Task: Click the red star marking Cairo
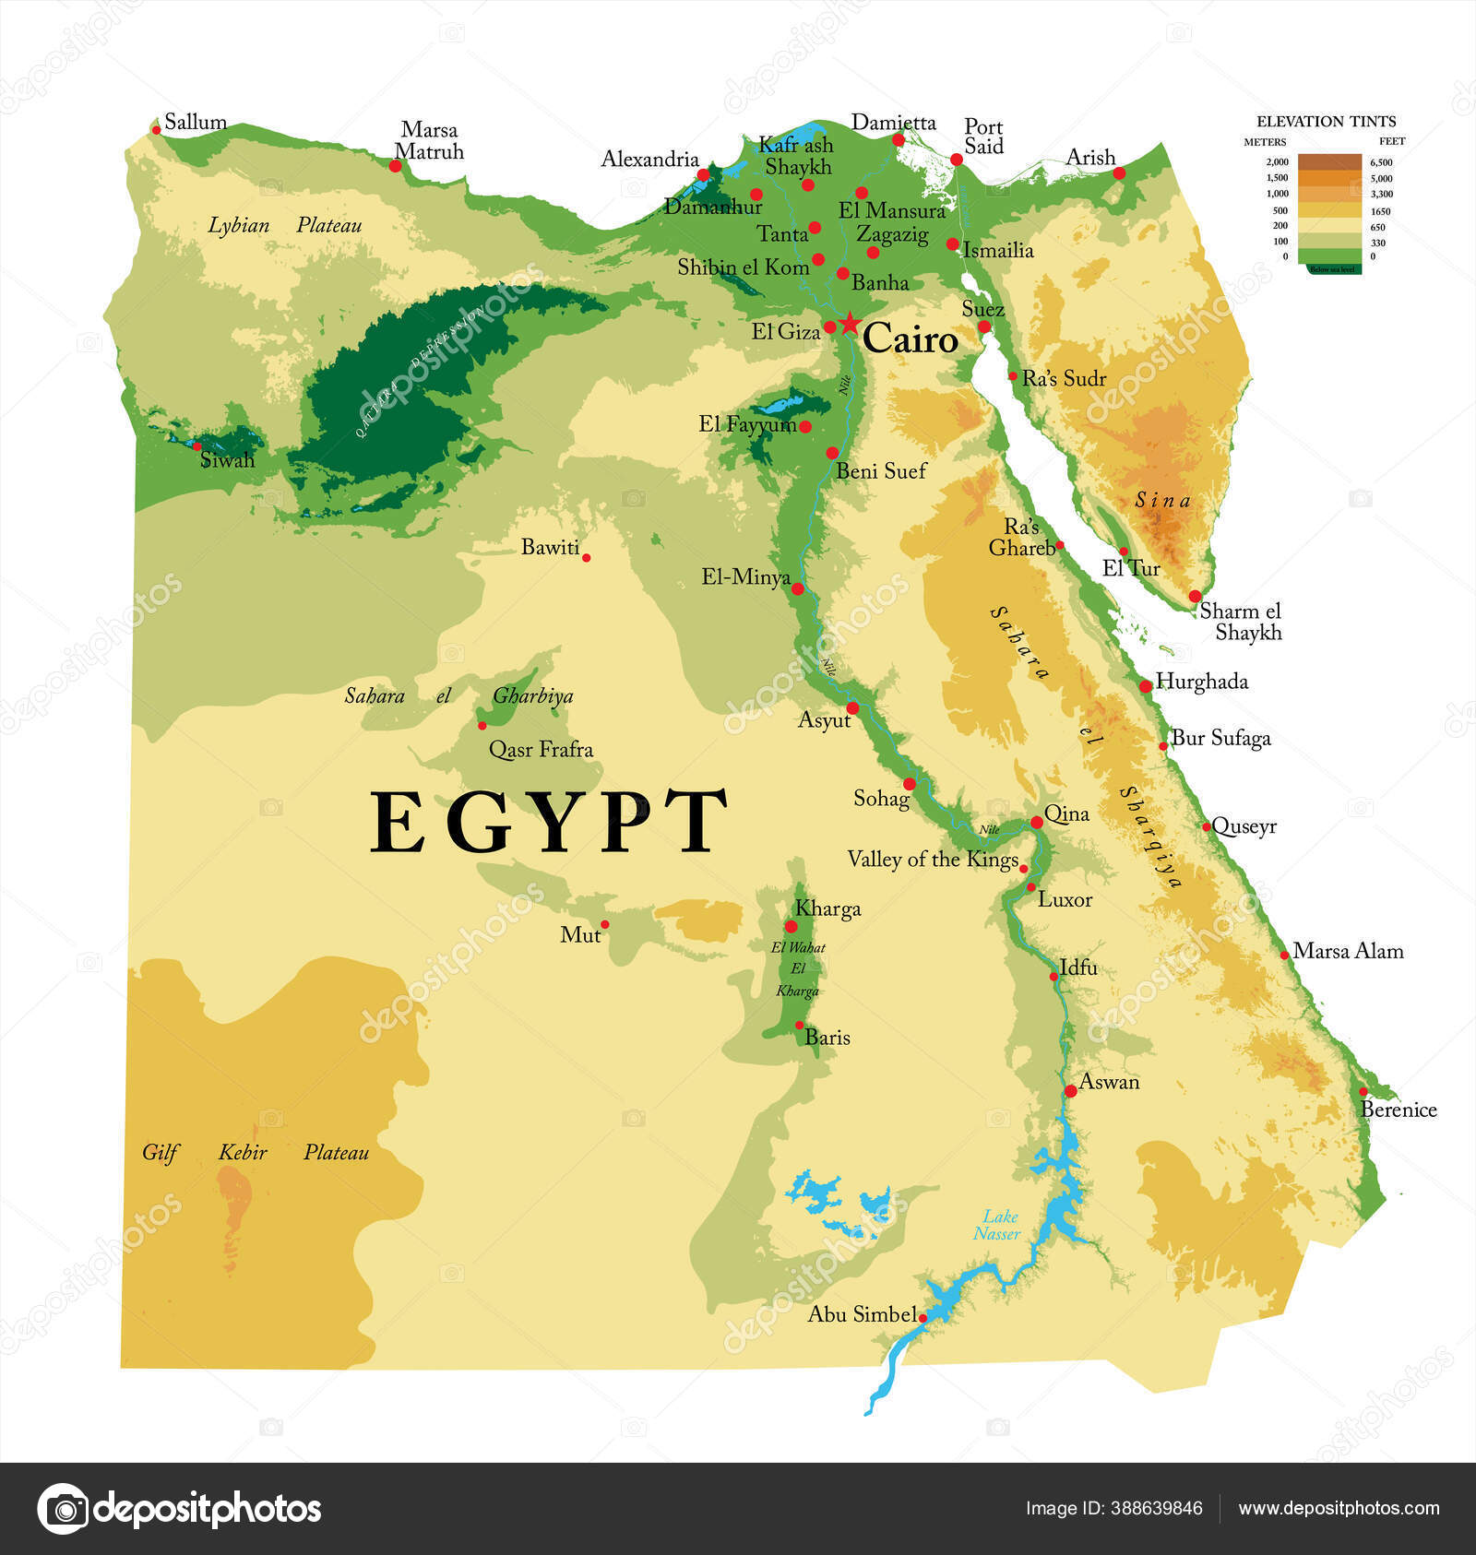pos(850,325)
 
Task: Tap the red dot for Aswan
pos(1070,1090)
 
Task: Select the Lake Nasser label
pos(997,1225)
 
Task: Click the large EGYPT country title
pos(548,822)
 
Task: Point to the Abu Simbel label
pos(862,1314)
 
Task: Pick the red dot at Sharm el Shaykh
pos(1195,596)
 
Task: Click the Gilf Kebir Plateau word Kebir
pos(243,1152)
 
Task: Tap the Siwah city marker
pos(196,445)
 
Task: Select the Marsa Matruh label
pos(429,141)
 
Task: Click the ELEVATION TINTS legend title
pos(1326,121)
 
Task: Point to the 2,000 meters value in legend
pos(1277,162)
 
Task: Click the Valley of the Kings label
pos(932,860)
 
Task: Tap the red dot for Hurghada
pos(1145,685)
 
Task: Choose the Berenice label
pos(1399,1110)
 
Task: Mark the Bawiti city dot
pos(586,557)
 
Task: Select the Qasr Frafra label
pos(541,749)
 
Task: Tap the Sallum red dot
pos(156,129)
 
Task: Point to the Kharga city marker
pos(791,926)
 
